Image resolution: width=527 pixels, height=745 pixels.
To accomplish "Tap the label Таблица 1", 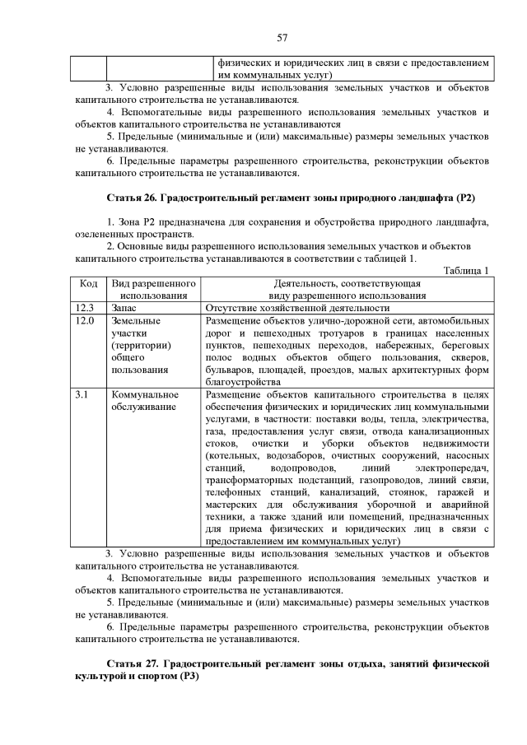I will click(x=466, y=271).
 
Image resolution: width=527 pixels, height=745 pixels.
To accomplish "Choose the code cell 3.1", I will click(x=81, y=394).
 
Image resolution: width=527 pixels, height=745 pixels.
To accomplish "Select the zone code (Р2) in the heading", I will click(x=467, y=198).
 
